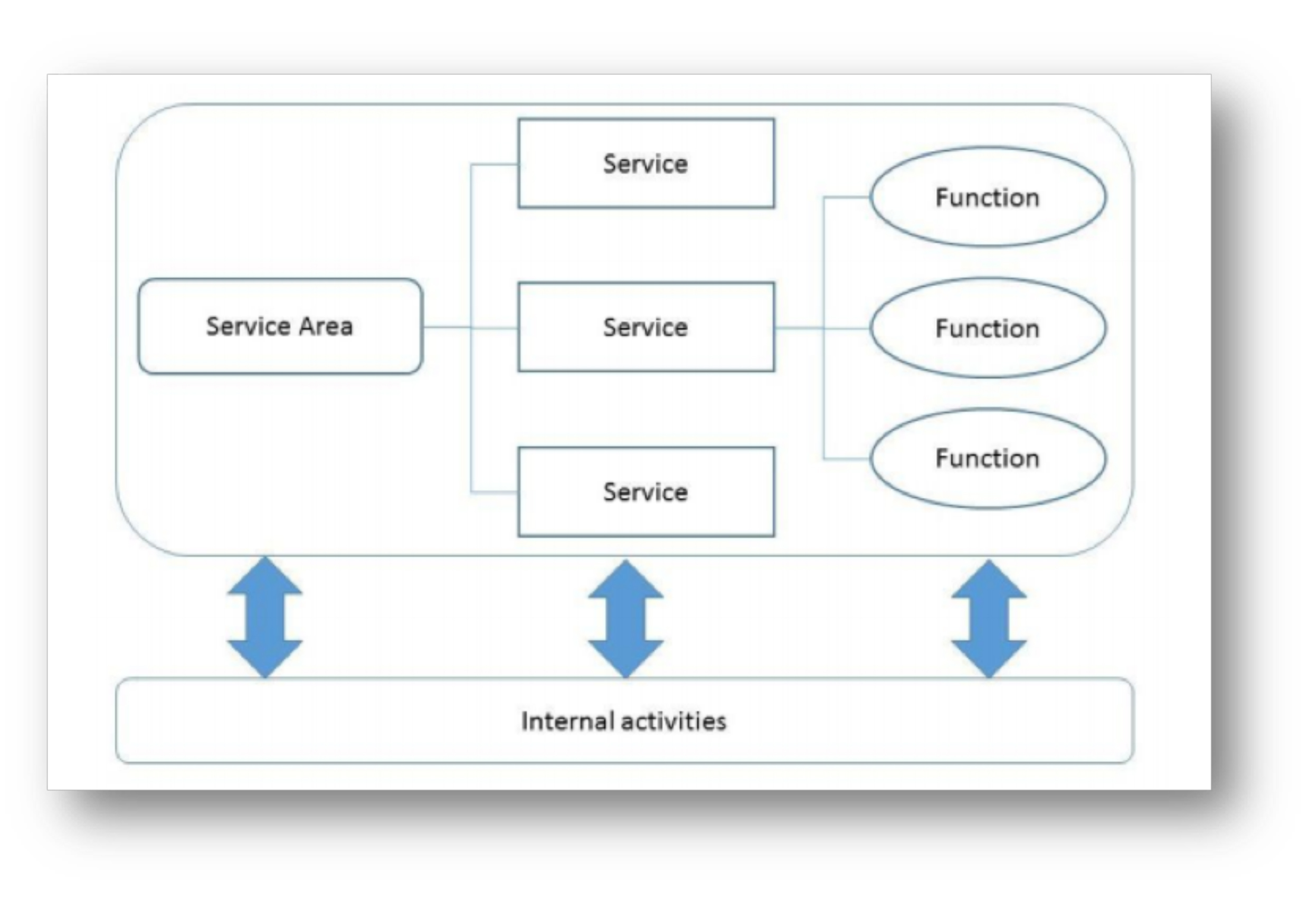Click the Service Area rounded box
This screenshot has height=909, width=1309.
pyautogui.click(x=280, y=326)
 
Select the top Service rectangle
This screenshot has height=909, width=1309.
pyautogui.click(x=646, y=164)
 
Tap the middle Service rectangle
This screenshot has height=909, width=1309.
pyautogui.click(x=646, y=327)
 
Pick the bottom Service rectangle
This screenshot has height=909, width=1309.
pyautogui.click(x=646, y=491)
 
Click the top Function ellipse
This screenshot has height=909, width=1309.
pyautogui.click(x=988, y=197)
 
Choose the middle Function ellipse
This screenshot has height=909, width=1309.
pyautogui.click(x=988, y=328)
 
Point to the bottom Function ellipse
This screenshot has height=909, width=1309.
pyautogui.click(x=988, y=458)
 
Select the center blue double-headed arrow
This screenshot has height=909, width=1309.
pyautogui.click(x=626, y=619)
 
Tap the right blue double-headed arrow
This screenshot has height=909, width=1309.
pyautogui.click(x=989, y=619)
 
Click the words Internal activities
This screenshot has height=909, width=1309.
pyautogui.click(x=624, y=721)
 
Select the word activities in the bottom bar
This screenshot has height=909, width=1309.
pyautogui.click(x=674, y=721)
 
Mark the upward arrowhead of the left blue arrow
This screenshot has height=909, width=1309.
pyautogui.click(x=265, y=575)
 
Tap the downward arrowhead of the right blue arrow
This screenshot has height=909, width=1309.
pyautogui.click(x=989, y=659)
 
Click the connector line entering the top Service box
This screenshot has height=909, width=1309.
pyautogui.click(x=494, y=165)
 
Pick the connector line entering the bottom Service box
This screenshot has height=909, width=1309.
pyautogui.click(x=494, y=491)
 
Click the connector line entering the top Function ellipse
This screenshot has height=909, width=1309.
pyautogui.click(x=847, y=197)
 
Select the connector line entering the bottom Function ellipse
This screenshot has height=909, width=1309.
pyautogui.click(x=847, y=458)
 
